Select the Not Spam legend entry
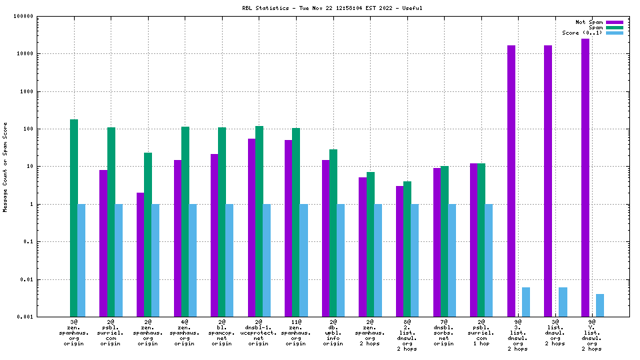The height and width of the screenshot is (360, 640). tap(589, 22)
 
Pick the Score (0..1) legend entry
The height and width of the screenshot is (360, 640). tap(582, 33)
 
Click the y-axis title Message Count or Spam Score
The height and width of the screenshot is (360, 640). tap(5, 167)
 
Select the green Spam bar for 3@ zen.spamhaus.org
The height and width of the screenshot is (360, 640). tap(74, 218)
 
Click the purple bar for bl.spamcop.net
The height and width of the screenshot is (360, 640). tap(215, 235)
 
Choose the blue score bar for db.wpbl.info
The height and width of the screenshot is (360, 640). tap(341, 260)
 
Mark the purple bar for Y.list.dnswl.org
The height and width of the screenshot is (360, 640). tap(585, 177)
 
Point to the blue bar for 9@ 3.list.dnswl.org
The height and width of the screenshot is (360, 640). tap(526, 302)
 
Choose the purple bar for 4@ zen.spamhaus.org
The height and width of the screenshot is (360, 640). tap(177, 238)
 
